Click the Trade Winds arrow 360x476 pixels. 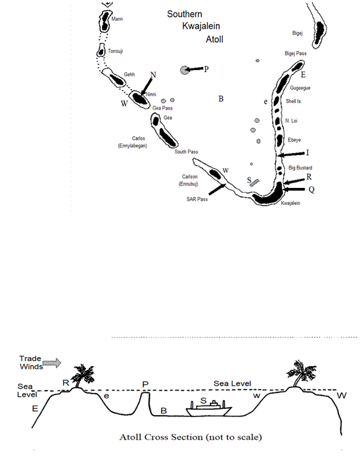52,362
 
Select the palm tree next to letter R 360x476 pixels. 81,375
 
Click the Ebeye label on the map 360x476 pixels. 294,140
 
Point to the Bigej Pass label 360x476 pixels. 295,54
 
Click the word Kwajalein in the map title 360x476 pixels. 201,26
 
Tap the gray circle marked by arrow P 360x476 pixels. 184,70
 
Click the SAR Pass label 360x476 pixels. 197,199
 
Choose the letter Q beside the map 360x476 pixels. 311,190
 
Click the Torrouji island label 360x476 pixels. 115,51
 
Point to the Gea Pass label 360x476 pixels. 162,108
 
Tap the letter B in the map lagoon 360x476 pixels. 221,99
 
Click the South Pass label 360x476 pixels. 186,152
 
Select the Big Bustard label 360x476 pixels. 300,168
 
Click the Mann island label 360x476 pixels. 117,19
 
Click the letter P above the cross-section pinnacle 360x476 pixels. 145,384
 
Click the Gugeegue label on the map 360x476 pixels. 300,88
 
